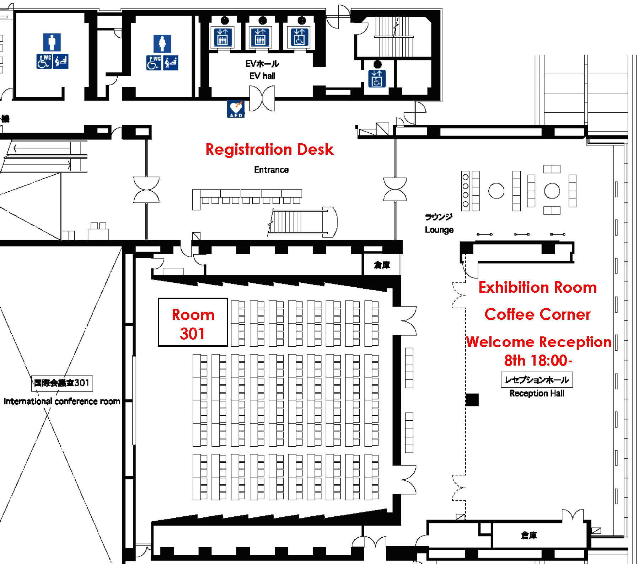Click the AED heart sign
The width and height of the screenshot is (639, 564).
236,108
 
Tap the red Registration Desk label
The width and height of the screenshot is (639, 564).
269,149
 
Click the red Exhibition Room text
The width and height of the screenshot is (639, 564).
537,287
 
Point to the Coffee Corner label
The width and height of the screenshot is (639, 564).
537,314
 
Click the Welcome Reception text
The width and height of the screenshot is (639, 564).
538,342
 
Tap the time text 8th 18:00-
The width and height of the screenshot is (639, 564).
538,360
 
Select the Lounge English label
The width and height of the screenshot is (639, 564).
439,230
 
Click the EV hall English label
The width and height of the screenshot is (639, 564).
262,76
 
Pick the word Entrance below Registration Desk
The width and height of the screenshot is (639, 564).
271,170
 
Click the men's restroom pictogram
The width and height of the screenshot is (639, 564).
52,42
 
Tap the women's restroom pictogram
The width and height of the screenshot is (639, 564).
162,44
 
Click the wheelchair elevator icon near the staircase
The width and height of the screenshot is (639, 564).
377,78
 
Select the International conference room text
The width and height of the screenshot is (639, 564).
62,401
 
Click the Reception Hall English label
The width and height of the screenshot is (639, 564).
537,393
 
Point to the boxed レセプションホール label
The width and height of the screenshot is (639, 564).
537,380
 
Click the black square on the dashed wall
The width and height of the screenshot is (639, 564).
472,400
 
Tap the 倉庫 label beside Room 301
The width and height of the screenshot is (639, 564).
382,265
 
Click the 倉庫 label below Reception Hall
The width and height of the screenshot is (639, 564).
528,535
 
